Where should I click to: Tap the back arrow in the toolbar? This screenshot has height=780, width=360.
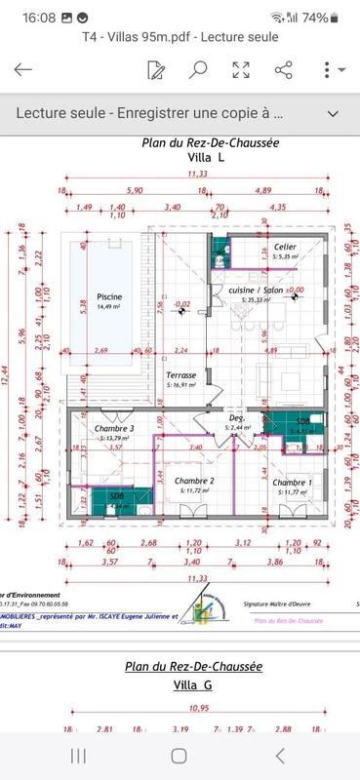click(x=23, y=69)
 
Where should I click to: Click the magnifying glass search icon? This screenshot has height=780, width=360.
click(x=198, y=69)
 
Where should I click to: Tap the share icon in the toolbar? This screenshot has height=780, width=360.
click(x=284, y=69)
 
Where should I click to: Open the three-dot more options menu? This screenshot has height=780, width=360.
click(x=328, y=69)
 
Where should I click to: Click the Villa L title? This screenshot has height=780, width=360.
click(x=207, y=157)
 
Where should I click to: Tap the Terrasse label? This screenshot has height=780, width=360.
click(x=181, y=375)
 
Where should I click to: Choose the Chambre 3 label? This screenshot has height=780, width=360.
click(x=114, y=428)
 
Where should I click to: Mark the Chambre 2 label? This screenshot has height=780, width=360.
click(x=194, y=481)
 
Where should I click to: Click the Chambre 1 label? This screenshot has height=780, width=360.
click(x=292, y=483)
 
